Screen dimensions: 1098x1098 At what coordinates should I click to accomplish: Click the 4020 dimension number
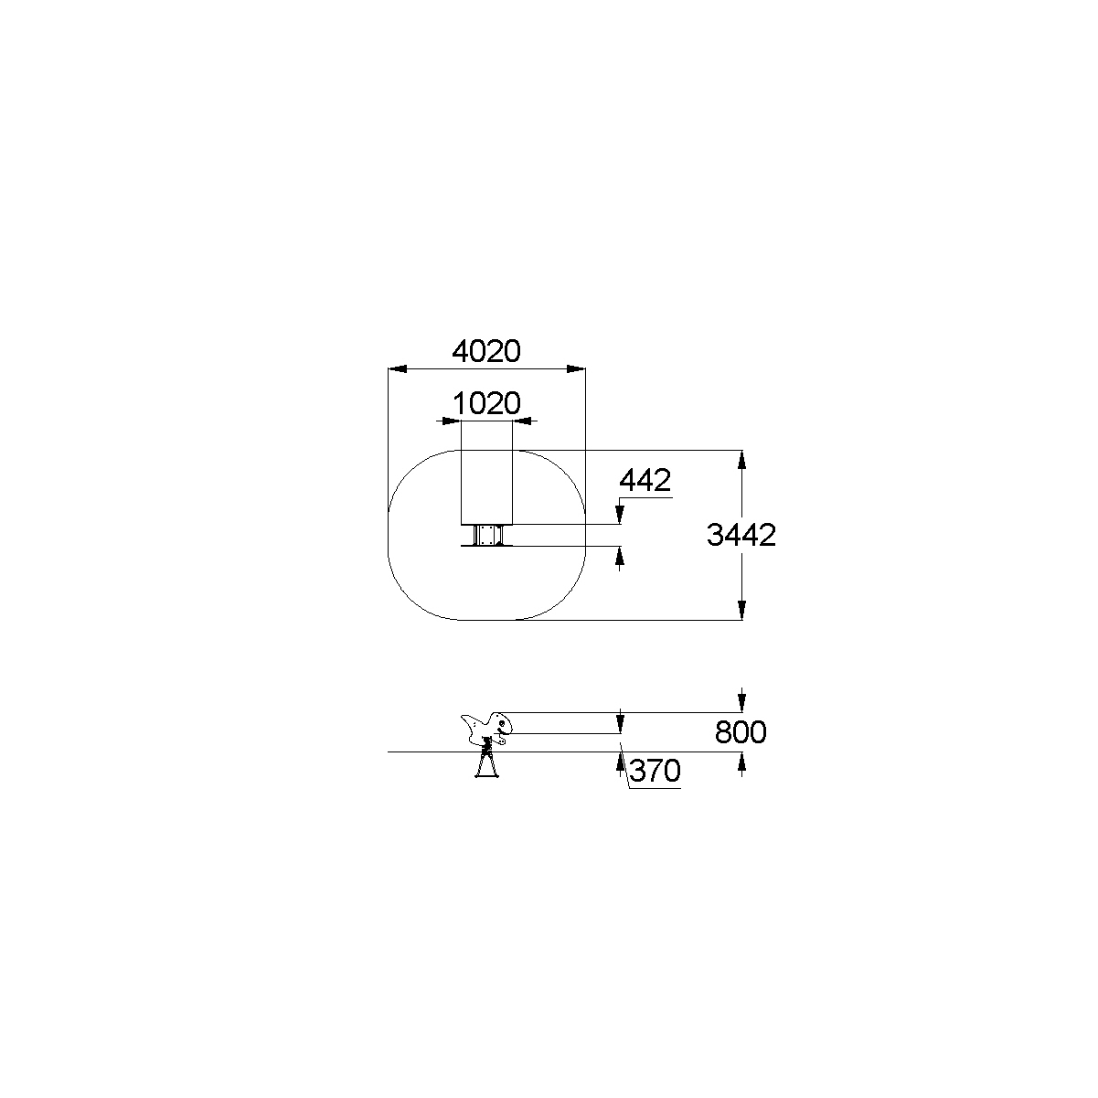click(486, 352)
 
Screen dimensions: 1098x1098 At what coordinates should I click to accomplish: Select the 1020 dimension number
click(486, 404)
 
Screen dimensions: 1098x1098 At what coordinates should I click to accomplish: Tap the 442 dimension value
click(645, 480)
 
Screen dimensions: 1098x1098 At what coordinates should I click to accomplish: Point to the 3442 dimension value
click(741, 535)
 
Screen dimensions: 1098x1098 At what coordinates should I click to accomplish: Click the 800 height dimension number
click(741, 732)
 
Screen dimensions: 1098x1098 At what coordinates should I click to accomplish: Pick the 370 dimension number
click(655, 772)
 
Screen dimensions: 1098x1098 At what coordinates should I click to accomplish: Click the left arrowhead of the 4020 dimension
click(397, 369)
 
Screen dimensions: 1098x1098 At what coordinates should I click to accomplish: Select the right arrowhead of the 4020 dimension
click(576, 369)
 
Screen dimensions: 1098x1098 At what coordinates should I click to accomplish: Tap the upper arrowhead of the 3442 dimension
click(741, 460)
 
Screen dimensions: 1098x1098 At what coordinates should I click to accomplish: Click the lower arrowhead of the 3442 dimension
click(741, 610)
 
